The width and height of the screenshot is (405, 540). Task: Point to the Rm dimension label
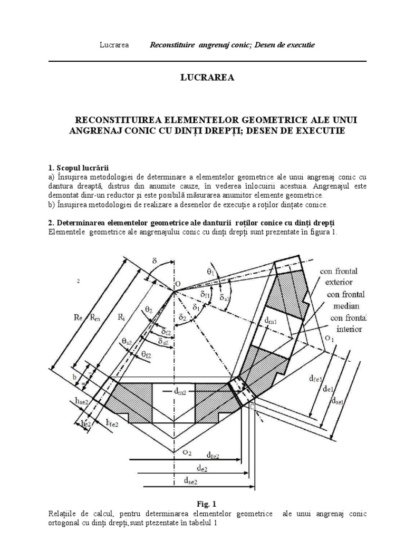point(95,317)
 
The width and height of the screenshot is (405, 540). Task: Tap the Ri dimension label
point(121,317)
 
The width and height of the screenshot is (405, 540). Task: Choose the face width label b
point(75,378)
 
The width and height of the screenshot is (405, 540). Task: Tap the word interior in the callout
point(344,329)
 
